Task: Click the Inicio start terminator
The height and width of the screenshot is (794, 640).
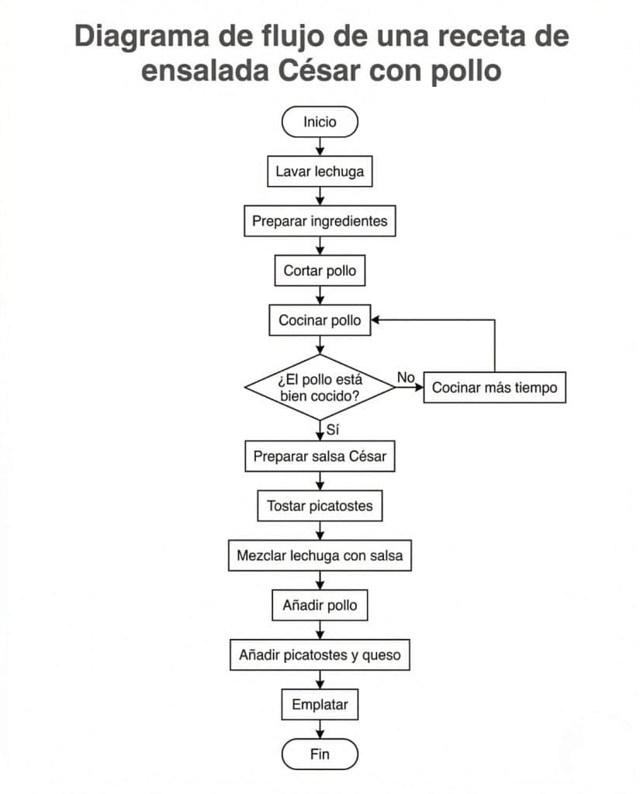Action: [320, 122]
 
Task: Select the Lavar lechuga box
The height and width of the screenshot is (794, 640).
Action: [320, 171]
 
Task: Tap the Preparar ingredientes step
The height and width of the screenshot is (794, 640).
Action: [320, 221]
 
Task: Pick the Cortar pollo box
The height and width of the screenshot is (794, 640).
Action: [320, 271]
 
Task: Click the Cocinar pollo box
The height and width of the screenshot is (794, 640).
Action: [320, 320]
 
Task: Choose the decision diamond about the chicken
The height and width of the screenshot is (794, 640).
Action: [320, 387]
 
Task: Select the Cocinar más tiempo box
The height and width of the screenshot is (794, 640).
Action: [494, 388]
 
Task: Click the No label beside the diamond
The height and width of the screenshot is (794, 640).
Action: [406, 377]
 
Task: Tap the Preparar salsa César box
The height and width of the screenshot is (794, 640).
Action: [320, 457]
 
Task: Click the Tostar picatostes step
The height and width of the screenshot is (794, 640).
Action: [320, 506]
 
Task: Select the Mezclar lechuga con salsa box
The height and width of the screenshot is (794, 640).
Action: [320, 556]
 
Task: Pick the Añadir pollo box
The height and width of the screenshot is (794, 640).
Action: [320, 605]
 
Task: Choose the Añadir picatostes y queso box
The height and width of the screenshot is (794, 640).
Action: [320, 655]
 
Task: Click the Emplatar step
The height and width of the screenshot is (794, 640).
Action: [320, 705]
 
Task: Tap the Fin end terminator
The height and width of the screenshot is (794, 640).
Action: [320, 754]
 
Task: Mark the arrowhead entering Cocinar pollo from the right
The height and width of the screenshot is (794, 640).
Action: [376, 320]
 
